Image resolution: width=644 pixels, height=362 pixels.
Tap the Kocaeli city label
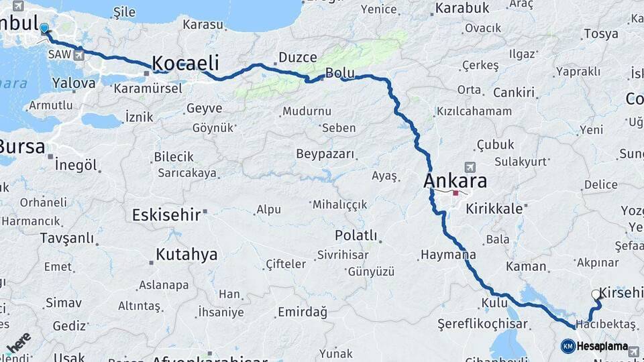coord(186,64)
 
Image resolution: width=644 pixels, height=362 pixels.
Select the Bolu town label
coord(339,72)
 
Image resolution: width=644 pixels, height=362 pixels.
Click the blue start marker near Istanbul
coord(44,29)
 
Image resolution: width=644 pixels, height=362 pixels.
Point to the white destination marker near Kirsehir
coord(596,294)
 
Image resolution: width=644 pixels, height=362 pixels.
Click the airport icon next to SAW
coord(80,54)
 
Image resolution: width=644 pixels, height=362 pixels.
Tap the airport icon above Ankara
coord(469,166)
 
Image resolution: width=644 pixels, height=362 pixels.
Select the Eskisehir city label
coord(166,215)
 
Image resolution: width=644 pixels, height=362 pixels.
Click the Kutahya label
coord(186,255)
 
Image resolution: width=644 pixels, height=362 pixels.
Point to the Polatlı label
coord(356,236)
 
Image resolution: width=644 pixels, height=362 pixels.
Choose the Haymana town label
coord(448,255)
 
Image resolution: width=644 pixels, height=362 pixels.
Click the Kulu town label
coord(494,303)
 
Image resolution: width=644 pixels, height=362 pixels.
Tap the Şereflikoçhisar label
coord(475,324)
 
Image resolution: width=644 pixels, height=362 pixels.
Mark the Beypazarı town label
coord(325,154)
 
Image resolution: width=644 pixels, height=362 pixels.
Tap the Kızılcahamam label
coord(474,111)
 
